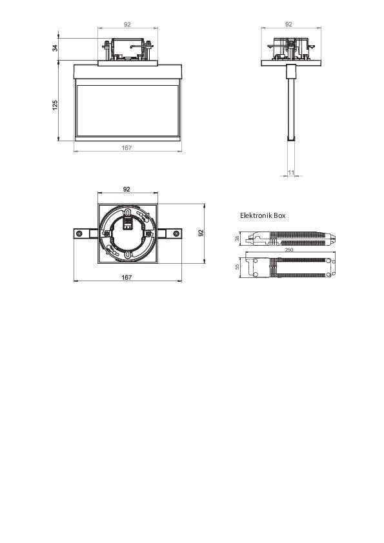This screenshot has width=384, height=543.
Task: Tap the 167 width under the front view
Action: tap(127, 148)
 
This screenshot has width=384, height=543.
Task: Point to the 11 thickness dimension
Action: tap(290, 172)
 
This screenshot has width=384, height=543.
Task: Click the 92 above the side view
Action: tap(288, 24)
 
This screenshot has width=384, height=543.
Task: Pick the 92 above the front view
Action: tap(127, 24)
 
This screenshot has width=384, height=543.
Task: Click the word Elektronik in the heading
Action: tap(256, 215)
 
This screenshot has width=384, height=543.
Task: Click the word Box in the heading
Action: tap(279, 215)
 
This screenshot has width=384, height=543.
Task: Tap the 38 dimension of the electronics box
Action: tap(237, 239)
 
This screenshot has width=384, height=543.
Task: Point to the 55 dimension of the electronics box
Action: tap(237, 266)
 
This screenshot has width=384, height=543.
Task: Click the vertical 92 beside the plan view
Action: tap(201, 233)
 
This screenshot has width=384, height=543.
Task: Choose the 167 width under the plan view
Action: tap(127, 277)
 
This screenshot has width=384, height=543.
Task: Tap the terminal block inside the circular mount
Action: tap(128, 224)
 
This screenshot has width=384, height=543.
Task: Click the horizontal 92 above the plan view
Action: tap(127, 189)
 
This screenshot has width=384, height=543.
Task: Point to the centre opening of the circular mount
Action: tap(127, 237)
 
